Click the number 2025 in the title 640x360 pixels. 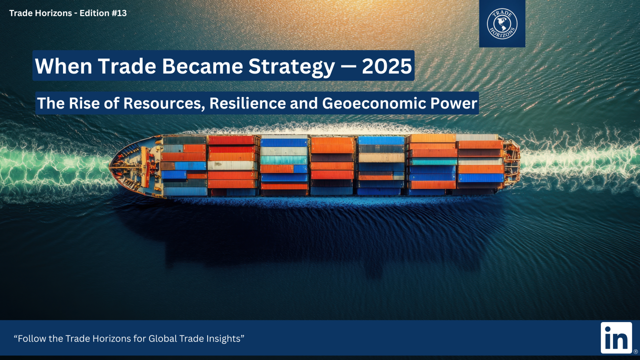tap(387, 66)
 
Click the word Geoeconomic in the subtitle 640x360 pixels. tap(374, 103)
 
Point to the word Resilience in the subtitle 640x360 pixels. tap(247, 103)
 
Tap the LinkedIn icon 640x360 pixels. tap(616, 337)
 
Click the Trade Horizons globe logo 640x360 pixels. tap(502, 23)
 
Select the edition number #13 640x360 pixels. tap(119, 13)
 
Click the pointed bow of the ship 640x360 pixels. tap(110, 165)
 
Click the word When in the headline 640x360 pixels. tap(64, 66)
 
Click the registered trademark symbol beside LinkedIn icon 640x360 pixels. tap(635, 351)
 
